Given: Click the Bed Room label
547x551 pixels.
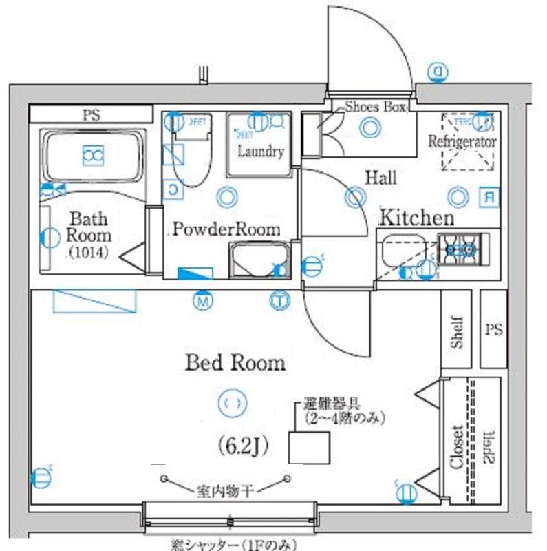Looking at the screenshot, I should click(x=235, y=362).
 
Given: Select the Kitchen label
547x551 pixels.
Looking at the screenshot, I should click(x=417, y=218).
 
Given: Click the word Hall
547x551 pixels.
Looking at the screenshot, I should click(x=380, y=178).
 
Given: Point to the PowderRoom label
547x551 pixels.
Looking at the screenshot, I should click(x=226, y=229).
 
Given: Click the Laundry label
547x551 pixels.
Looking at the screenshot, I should click(x=261, y=152).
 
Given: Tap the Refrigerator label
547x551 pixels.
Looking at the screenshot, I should click(x=462, y=142).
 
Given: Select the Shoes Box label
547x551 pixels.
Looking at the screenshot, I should click(x=376, y=107).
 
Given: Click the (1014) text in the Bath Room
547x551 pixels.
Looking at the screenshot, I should click(x=88, y=253).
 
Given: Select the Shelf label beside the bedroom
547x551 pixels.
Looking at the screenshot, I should click(x=458, y=331).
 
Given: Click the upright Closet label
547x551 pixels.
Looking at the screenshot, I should click(x=456, y=446).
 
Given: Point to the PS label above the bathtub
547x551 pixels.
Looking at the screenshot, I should click(x=89, y=114).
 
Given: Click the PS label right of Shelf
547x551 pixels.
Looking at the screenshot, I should click(x=493, y=330).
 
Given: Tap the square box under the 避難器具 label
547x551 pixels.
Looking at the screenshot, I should click(x=307, y=447).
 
